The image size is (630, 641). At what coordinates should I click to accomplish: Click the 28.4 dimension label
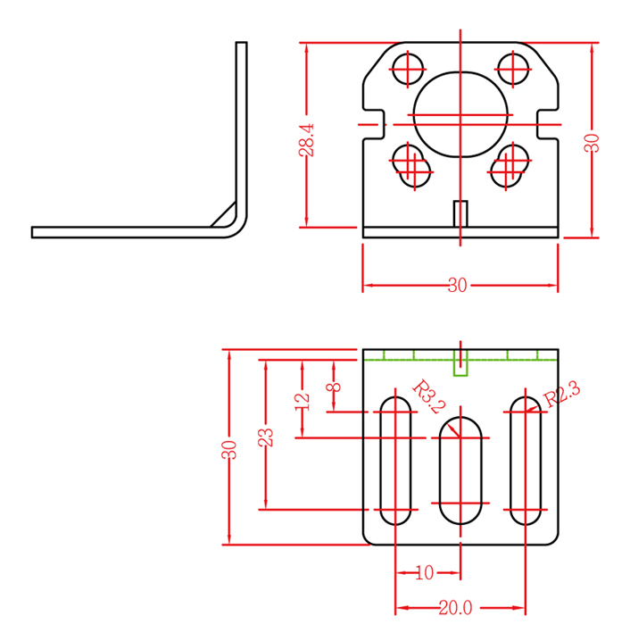click(x=306, y=140)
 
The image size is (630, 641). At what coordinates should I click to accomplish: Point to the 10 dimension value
click(x=425, y=571)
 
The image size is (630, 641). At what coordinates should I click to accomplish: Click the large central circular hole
click(x=461, y=113)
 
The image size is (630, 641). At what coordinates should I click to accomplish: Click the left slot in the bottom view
click(x=394, y=458)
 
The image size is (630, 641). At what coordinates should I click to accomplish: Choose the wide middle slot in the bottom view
click(x=460, y=470)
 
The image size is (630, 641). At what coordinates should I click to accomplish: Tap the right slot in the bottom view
click(x=526, y=458)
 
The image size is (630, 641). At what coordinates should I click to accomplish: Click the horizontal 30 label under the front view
click(x=458, y=286)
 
